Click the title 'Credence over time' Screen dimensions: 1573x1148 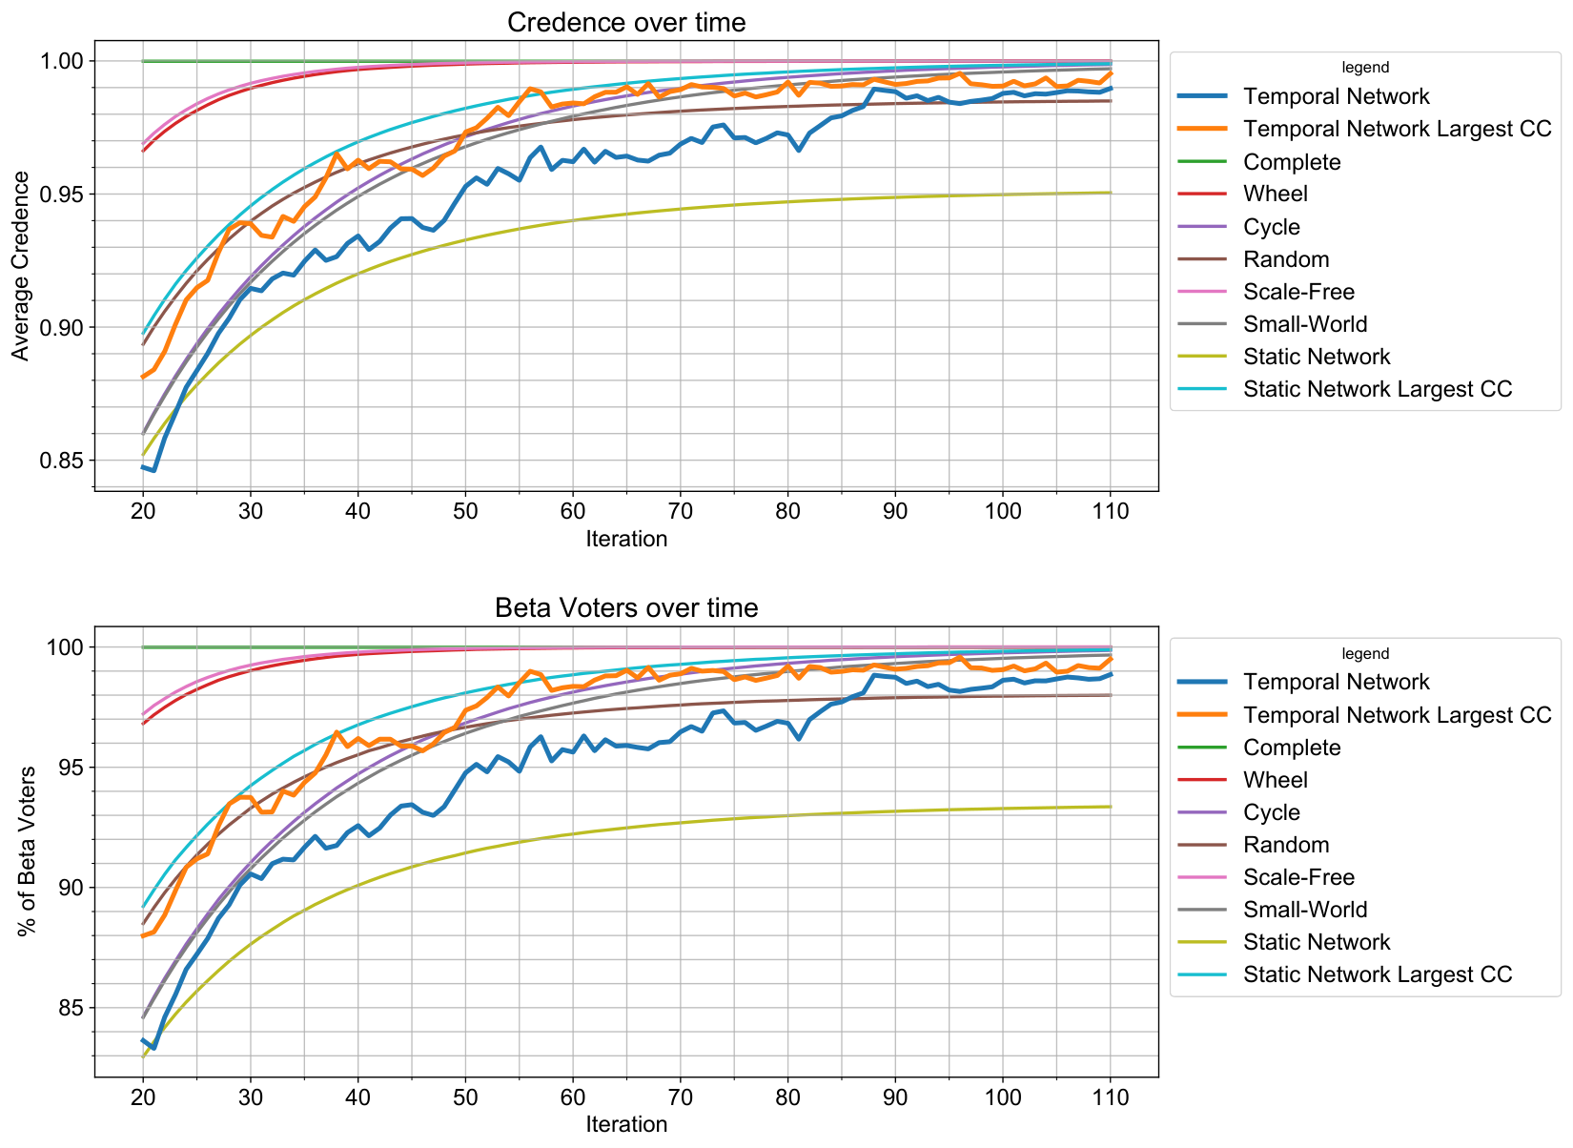point(626,23)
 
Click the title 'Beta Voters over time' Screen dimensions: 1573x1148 point(626,608)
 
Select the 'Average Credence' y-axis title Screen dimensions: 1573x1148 point(20,266)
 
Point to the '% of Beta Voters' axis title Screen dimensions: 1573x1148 point(26,851)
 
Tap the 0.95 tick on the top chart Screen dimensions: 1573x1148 point(61,195)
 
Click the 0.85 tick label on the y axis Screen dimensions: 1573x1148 point(61,461)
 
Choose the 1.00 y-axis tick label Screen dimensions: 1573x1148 point(61,61)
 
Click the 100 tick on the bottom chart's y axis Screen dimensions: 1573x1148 point(65,647)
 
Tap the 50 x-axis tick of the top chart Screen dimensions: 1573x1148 point(465,511)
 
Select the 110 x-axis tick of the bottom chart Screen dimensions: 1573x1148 point(1111,1097)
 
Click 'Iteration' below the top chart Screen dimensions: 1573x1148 point(626,540)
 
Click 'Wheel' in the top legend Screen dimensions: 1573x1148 point(1276,194)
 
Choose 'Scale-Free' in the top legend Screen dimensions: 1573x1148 point(1298,292)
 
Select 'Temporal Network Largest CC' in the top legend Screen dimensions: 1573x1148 point(1398,129)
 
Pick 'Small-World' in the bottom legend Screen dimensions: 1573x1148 point(1305,910)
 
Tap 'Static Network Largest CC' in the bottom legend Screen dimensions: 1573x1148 point(1378,974)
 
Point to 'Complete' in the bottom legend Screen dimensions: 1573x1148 point(1292,748)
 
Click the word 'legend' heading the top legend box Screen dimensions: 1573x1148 point(1365,68)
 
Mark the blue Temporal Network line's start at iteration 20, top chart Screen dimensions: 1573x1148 point(143,467)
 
